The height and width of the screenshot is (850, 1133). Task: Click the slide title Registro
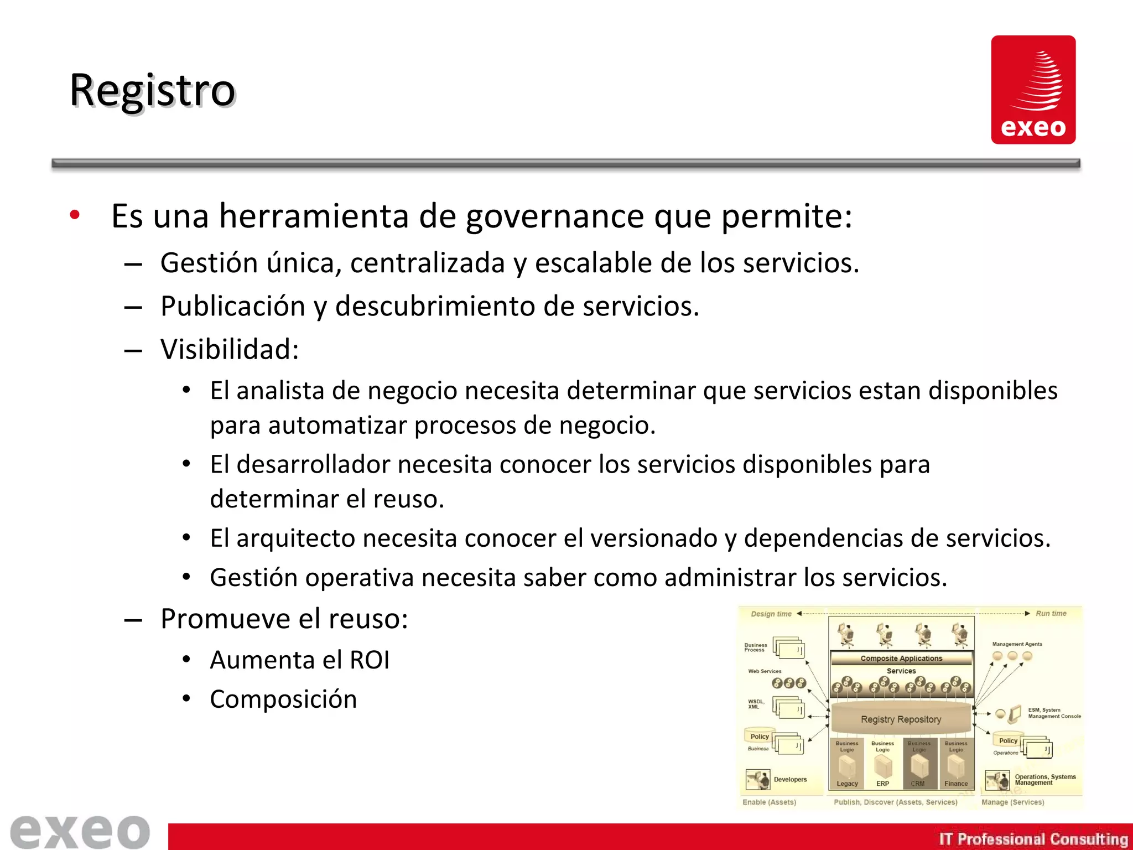(153, 90)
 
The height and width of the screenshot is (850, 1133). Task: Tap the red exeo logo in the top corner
(1033, 90)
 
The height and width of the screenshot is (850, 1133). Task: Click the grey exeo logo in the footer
(80, 831)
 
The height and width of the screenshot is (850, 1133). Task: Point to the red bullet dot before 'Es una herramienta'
(75, 215)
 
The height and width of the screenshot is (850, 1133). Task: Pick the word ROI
(370, 660)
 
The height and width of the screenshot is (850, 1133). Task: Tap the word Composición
(283, 699)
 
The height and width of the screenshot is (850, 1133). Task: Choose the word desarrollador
(313, 464)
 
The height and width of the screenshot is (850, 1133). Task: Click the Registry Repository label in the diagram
(901, 719)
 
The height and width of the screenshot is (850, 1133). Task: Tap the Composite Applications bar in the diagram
(901, 659)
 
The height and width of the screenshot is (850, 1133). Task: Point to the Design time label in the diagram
(771, 614)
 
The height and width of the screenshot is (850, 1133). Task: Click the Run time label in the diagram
(1051, 613)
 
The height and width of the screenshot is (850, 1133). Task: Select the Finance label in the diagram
(956, 784)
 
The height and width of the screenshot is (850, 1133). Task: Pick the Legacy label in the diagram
(847, 784)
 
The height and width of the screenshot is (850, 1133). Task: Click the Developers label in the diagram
(790, 779)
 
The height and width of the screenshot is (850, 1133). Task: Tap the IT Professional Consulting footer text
(1033, 839)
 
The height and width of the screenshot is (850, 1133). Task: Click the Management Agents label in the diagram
(1017, 644)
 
